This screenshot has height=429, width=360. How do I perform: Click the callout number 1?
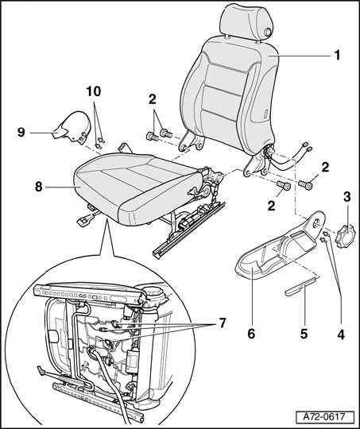pyautogui.click(x=337, y=56)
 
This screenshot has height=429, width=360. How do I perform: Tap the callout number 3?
pyautogui.click(x=346, y=197)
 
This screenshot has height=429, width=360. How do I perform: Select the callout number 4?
pyautogui.click(x=341, y=334)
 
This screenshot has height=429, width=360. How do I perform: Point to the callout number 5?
pyautogui.click(x=304, y=334)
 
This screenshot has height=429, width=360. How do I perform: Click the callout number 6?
pyautogui.click(x=251, y=334)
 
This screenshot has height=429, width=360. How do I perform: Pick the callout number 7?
pyautogui.click(x=222, y=323)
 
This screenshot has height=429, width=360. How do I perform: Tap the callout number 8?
pyautogui.click(x=39, y=187)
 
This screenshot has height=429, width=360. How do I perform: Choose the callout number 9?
pyautogui.click(x=21, y=133)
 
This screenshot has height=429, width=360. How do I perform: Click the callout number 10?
pyautogui.click(x=94, y=91)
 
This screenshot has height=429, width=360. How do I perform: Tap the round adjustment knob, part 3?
pyautogui.click(x=345, y=236)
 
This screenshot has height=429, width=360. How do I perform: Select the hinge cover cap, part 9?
pyautogui.click(x=73, y=128)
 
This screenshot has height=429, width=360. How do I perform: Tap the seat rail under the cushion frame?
pyautogui.click(x=189, y=230)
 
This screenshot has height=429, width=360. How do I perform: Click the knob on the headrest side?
pyautogui.click(x=268, y=33)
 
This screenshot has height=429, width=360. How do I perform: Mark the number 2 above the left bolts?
pyautogui.click(x=153, y=99)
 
